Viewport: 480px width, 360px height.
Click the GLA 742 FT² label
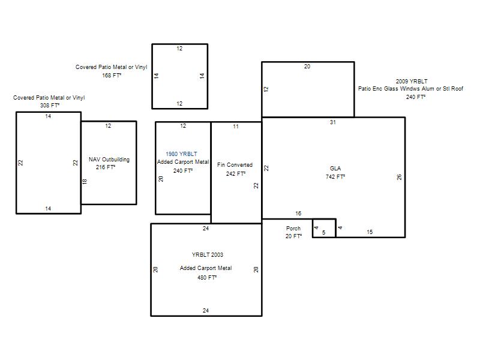335,172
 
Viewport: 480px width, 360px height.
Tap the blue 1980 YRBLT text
181,154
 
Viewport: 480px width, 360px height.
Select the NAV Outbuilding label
109,160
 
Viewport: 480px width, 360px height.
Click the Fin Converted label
235,164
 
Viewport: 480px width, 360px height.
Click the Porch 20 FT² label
293,232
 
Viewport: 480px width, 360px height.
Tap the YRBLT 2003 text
207,254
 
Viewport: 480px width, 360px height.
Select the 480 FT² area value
207,277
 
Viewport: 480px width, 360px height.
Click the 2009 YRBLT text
412,81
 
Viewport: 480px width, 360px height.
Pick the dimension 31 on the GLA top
333,122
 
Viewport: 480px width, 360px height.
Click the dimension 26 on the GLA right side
399,177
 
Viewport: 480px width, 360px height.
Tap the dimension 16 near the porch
298,214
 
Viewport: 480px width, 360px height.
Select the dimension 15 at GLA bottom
370,232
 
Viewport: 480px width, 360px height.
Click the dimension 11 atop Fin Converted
236,127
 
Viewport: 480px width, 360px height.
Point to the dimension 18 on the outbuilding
85,182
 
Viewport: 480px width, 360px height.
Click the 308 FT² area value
50,106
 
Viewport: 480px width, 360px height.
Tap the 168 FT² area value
112,76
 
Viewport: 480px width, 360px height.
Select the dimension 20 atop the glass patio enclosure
307,67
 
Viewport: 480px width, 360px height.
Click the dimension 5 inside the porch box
323,233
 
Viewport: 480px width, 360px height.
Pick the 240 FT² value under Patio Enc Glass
416,97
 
